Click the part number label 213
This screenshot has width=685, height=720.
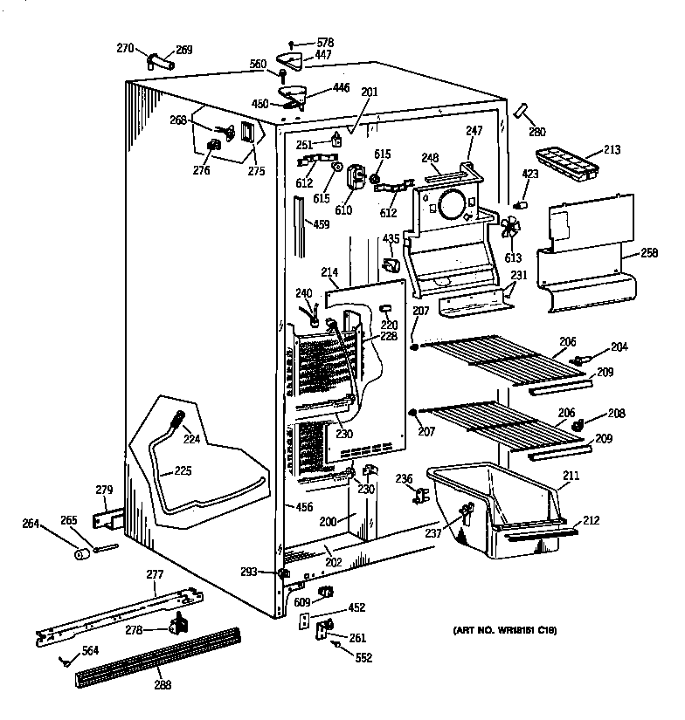[x=612, y=150]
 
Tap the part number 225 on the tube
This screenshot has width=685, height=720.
[x=182, y=470]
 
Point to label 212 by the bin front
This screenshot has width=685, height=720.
[x=591, y=521]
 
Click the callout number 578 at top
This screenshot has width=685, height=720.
[x=325, y=43]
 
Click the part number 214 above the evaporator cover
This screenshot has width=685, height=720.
[x=329, y=271]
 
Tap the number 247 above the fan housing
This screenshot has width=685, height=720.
[x=474, y=130]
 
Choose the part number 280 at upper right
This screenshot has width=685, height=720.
[x=536, y=133]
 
